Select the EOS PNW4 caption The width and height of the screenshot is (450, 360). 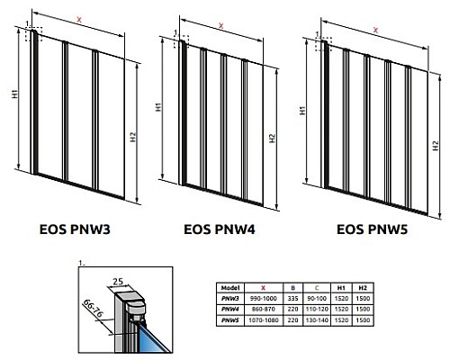click(219, 229)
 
